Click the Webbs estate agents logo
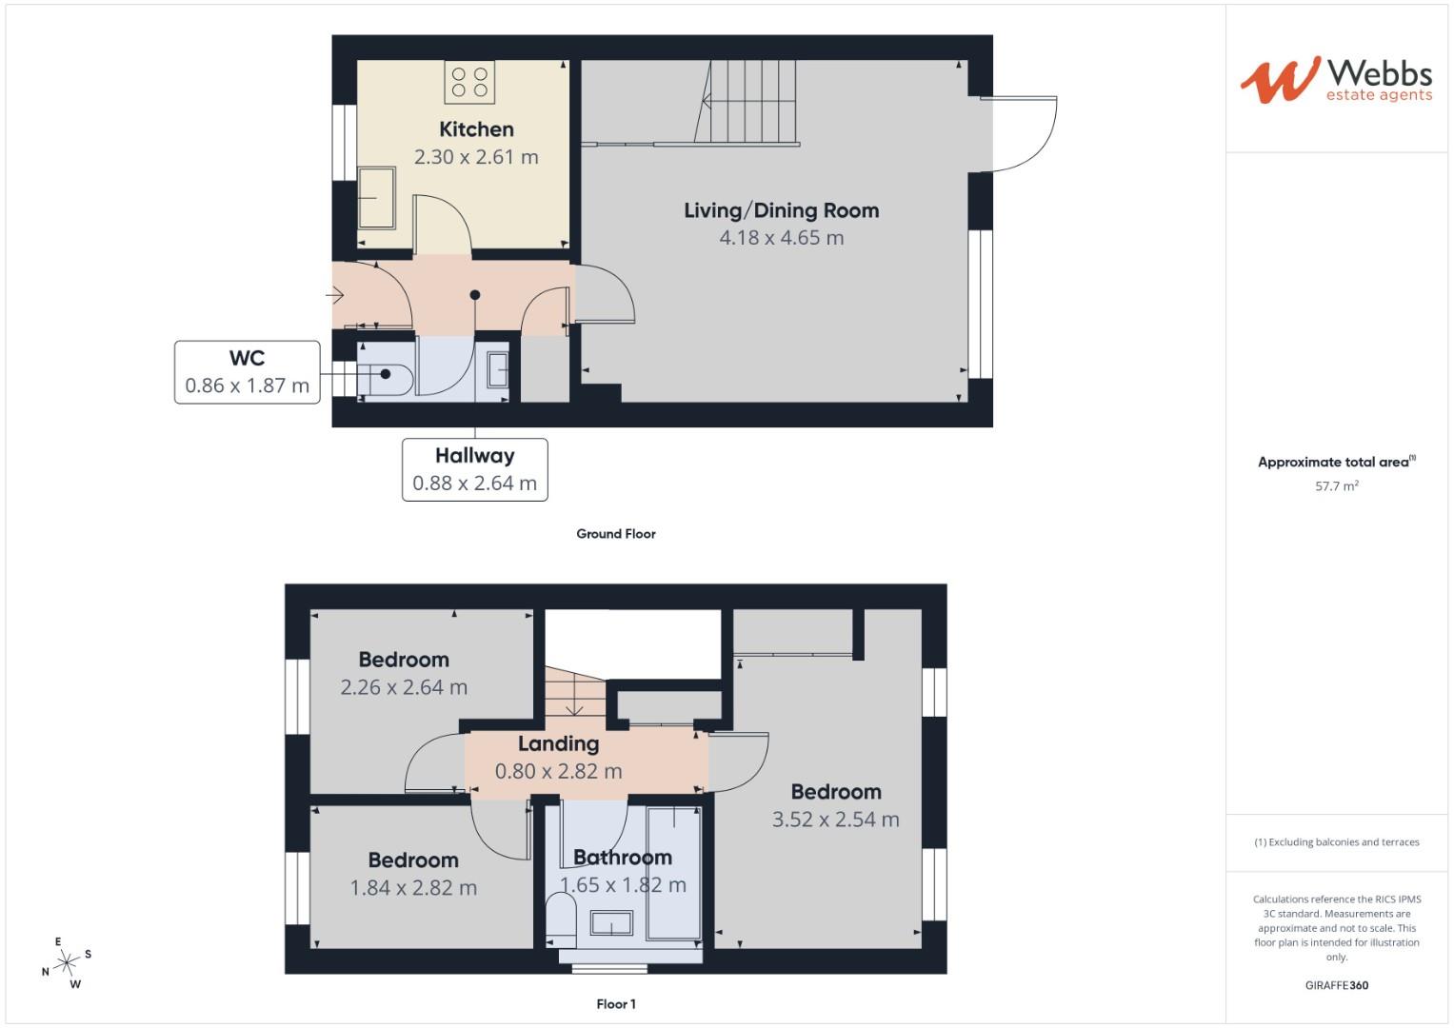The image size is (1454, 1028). coord(1336,79)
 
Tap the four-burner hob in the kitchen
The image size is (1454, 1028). coord(469,82)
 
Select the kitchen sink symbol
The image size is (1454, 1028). coord(377,198)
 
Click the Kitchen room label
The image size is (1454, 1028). coord(476,129)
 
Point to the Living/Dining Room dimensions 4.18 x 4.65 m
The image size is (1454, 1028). coord(781,238)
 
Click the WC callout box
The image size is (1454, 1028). coord(247,372)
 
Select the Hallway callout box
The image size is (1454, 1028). coord(474,469)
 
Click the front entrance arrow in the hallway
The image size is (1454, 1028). coord(335,296)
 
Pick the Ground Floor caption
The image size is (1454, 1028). coord(615,534)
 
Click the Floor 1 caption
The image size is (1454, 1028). coord(615,1004)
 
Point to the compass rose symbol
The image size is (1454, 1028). coord(67,963)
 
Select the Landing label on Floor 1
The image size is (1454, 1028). coord(558,744)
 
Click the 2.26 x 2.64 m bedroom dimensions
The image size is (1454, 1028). coord(404,687)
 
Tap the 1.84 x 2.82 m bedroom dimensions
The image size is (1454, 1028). coord(413,888)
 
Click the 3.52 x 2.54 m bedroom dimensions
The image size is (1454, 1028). coord(835,820)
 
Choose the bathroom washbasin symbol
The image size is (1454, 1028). coord(611,922)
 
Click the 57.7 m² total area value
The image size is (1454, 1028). coord(1336,486)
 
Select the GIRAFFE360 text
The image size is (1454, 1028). coord(1336,985)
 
